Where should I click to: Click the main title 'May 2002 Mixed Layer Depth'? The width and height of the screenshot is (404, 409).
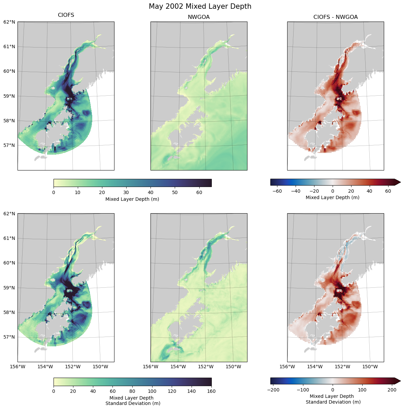(x=200, y=6)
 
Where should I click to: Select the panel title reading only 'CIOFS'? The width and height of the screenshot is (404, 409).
(x=66, y=15)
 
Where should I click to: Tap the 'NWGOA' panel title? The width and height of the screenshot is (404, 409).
(x=199, y=17)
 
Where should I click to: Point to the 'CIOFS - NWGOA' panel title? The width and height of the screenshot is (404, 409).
(x=335, y=17)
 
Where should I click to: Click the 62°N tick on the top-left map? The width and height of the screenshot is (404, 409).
(x=9, y=22)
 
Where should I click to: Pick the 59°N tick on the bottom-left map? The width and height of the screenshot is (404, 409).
(x=9, y=288)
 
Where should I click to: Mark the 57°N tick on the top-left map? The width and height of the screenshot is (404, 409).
(x=9, y=145)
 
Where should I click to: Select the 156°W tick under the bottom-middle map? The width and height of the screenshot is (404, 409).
(x=150, y=367)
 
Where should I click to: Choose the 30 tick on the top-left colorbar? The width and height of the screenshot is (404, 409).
(x=126, y=192)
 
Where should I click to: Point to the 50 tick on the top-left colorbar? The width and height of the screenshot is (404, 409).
(x=175, y=192)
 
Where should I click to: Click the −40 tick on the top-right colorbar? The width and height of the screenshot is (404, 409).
(x=296, y=191)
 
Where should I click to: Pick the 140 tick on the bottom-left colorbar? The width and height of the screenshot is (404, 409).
(x=192, y=391)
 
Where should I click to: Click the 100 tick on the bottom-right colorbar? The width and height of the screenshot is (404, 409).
(x=362, y=390)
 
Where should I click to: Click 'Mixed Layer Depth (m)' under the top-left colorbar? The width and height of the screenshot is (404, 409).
(x=132, y=199)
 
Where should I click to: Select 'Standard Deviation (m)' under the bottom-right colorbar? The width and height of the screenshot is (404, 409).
(x=333, y=402)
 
